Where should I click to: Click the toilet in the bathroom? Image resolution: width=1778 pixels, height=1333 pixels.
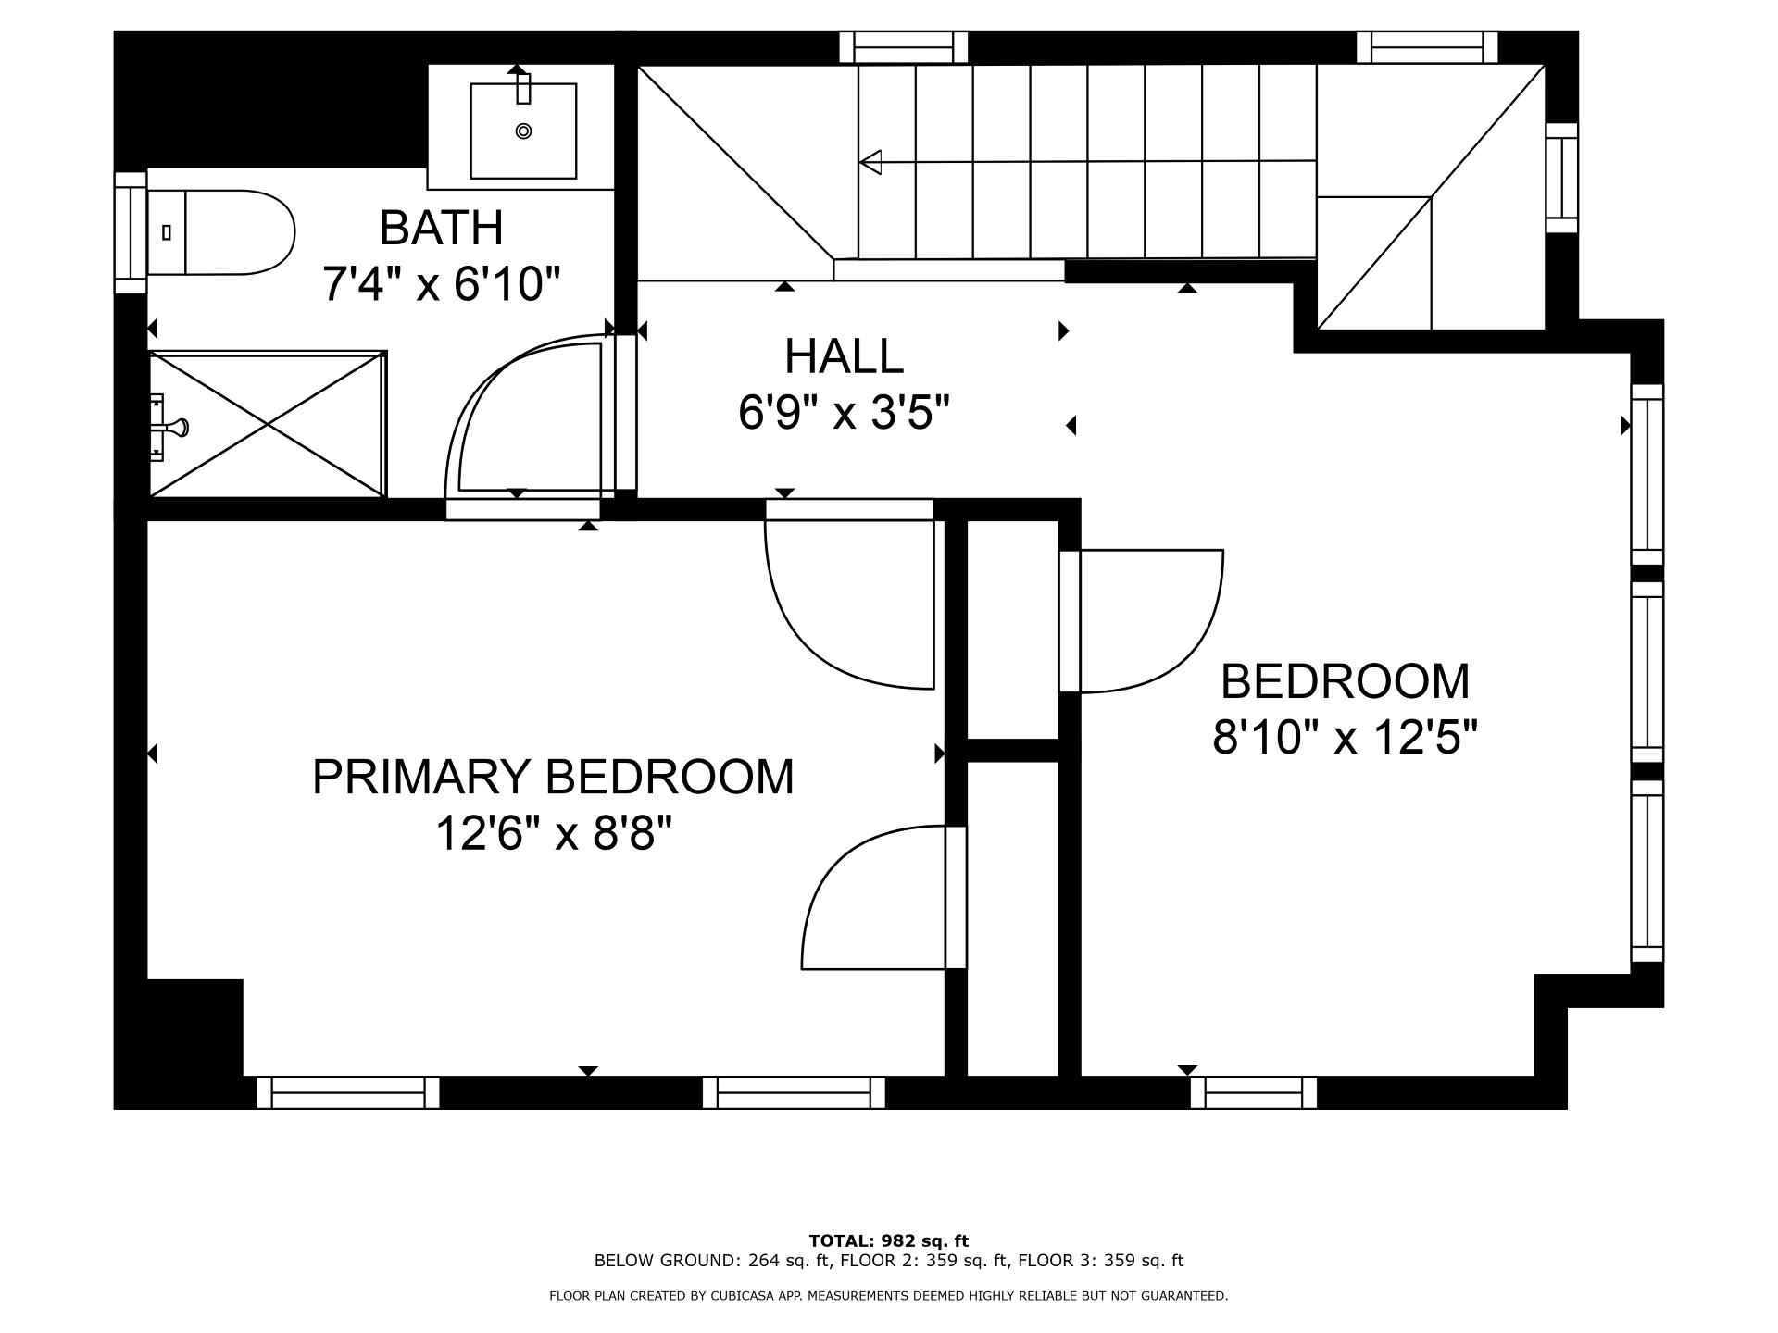click(x=222, y=232)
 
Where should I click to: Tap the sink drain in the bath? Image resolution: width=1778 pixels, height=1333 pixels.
click(x=523, y=131)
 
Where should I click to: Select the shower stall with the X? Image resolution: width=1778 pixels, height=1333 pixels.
click(x=268, y=424)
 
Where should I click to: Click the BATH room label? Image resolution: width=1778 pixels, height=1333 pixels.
click(x=441, y=228)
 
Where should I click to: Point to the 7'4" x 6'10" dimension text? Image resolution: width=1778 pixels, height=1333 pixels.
click(x=441, y=284)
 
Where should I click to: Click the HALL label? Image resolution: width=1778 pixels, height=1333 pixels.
click(x=844, y=356)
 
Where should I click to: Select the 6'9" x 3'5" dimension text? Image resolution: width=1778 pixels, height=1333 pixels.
click(x=844, y=413)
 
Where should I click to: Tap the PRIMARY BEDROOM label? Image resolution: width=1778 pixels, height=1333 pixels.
click(x=553, y=777)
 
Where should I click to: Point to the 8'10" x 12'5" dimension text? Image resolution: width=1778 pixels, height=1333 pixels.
click(x=1345, y=739)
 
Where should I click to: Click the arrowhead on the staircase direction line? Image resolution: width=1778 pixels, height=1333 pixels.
click(x=870, y=162)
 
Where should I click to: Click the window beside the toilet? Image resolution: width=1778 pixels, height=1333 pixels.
click(x=131, y=232)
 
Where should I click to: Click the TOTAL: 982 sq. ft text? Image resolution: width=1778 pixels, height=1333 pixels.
click(x=888, y=1240)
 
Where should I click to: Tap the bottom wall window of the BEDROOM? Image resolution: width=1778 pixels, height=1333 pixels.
click(x=1253, y=1092)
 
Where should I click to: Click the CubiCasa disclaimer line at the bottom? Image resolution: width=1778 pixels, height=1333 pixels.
click(x=888, y=1296)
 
